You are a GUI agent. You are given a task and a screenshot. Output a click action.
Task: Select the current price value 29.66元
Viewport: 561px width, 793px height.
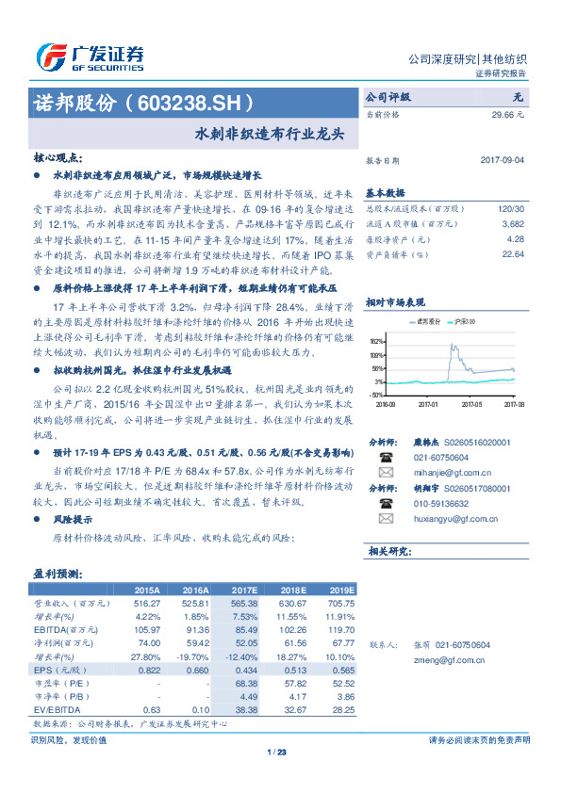[515, 113]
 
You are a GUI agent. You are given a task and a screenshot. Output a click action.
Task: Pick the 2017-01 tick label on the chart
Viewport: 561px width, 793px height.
[429, 402]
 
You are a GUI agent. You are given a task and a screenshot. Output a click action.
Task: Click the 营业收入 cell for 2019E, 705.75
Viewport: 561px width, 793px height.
[339, 602]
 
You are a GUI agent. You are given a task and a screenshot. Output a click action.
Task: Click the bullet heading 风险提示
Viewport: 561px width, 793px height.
[74, 519]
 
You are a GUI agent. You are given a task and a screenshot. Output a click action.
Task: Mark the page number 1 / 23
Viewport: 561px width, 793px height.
[277, 752]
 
